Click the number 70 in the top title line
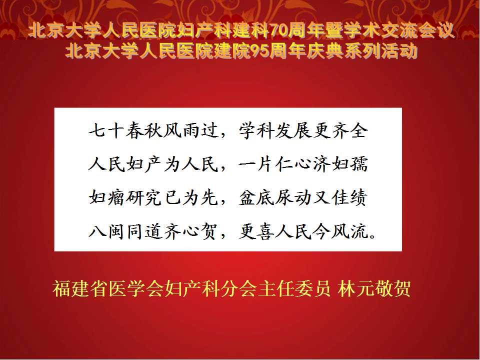[278, 31]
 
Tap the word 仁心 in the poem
[293, 164]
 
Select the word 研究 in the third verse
[144, 197]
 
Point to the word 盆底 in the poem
[256, 197]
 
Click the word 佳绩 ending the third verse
[349, 197]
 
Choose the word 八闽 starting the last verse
[107, 231]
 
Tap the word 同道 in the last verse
[144, 231]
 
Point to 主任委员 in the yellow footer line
[294, 288]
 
